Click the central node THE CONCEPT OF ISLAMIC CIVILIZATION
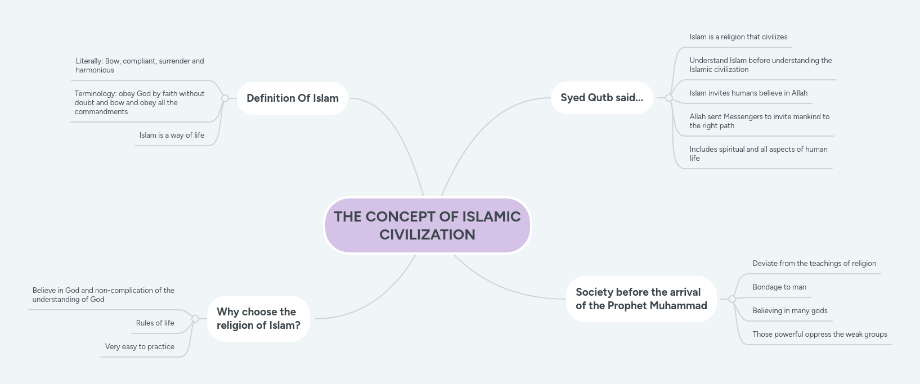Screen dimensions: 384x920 427,225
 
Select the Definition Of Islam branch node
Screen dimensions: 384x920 293,98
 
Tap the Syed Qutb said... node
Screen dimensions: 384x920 602,98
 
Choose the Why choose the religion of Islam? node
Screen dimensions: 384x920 258,318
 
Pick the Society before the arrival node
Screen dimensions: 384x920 641,299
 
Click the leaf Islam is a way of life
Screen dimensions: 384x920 172,135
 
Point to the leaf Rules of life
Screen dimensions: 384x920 155,323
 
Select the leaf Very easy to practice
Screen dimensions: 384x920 140,347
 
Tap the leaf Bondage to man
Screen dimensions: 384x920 779,287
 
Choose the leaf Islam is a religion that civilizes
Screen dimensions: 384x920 738,37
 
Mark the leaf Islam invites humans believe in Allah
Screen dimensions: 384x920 748,93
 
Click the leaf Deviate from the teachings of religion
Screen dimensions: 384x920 814,264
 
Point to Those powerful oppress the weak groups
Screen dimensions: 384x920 819,335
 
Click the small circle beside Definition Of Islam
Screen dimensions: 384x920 225,98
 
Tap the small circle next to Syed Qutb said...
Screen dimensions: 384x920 669,98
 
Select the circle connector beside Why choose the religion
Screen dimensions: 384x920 195,319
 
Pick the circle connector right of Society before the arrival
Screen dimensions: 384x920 732,299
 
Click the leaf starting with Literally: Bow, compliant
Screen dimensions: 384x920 140,66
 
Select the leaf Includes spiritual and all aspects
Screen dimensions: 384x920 758,154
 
